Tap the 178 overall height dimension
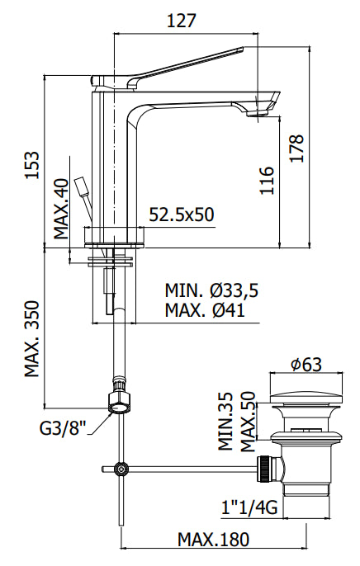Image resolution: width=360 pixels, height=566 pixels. click(297, 148)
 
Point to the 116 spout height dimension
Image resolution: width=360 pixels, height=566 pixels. click(265, 180)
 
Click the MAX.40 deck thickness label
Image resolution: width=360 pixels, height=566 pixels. click(64, 209)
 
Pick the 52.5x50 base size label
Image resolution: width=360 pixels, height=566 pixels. click(182, 215)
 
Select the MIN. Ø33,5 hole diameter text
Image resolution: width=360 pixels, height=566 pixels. click(211, 290)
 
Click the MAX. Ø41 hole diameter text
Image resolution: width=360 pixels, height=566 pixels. click(209, 311)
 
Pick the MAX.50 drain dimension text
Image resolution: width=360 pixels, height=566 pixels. click(245, 420)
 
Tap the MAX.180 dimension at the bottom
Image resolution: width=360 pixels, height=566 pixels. click(213, 540)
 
